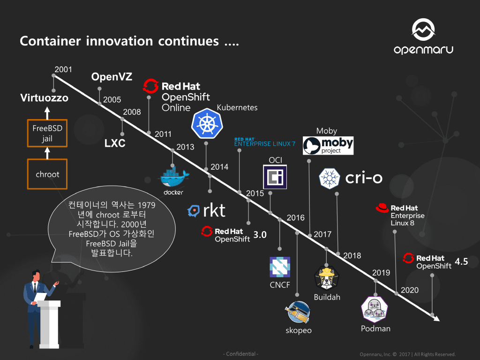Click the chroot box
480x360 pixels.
coord(47,174)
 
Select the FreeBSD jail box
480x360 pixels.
coord(47,133)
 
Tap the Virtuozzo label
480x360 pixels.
coord(44,98)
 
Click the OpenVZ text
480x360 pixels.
coord(112,77)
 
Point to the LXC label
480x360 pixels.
coord(115,143)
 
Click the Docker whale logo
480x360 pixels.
coord(173,179)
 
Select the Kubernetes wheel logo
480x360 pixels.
coord(207,124)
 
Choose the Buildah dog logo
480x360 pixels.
coord(327,278)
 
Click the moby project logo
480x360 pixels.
coord(328,145)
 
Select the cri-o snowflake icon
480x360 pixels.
coord(330,179)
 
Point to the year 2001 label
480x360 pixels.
coord(63,70)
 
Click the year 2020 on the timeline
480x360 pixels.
coord(410,290)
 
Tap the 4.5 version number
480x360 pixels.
coord(461,262)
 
